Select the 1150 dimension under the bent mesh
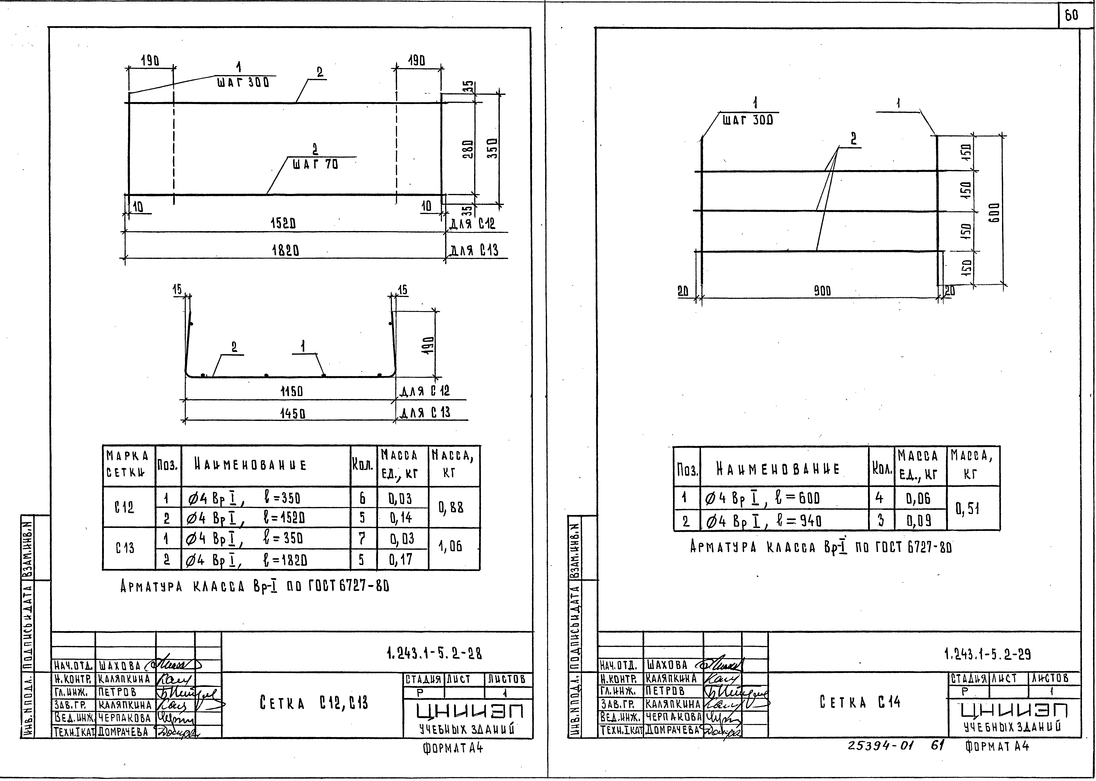[291, 391]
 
